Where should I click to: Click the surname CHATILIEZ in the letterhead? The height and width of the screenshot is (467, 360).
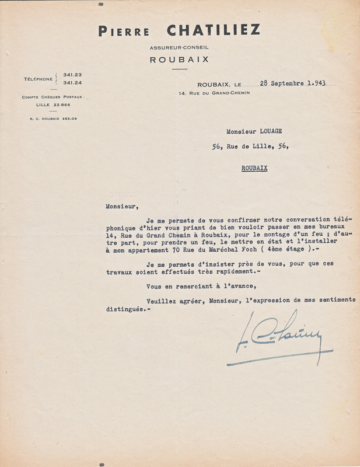[x=214, y=30]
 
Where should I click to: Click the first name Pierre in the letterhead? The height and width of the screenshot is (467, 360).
[x=124, y=32]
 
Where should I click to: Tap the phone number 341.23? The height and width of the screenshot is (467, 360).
[x=72, y=75]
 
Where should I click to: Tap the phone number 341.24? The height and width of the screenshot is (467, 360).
[x=72, y=82]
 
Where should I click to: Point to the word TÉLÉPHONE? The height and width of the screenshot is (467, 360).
[x=38, y=79]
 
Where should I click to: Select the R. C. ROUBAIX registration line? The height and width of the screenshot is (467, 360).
[x=53, y=119]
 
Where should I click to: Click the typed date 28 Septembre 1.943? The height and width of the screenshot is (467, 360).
[x=292, y=83]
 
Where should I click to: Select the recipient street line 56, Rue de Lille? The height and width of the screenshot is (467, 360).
[x=250, y=147]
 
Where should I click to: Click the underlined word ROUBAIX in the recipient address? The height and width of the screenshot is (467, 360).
[x=254, y=168]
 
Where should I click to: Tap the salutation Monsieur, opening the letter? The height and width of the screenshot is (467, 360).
[x=123, y=205]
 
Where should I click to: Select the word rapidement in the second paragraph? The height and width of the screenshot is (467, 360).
[x=222, y=271]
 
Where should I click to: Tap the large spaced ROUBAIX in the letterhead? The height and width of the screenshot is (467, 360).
[x=179, y=60]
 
